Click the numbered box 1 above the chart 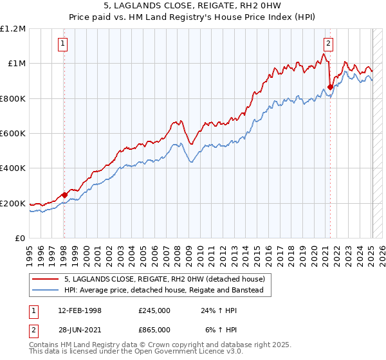[63, 44]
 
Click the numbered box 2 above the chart [328, 44]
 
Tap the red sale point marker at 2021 [330, 87]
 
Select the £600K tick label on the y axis [13, 134]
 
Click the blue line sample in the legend [46, 290]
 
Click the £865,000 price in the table [154, 329]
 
